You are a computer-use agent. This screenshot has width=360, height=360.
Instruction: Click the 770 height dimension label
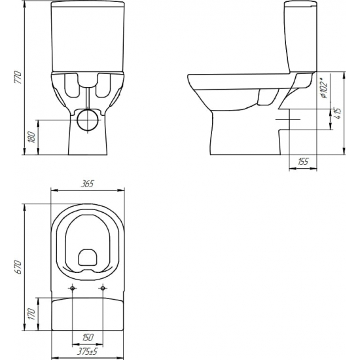click(x=18, y=77)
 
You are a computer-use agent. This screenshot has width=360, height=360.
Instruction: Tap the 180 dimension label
click(x=31, y=137)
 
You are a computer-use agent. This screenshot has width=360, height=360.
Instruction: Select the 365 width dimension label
click(x=88, y=184)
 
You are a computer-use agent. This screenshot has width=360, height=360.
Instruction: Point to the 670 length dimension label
click(x=18, y=267)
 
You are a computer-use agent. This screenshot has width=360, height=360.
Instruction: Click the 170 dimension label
click(x=31, y=314)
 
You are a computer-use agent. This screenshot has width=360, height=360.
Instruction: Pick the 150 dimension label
click(x=88, y=338)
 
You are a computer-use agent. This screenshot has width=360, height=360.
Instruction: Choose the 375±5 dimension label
click(x=88, y=351)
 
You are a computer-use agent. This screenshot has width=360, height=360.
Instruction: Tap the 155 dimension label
click(x=303, y=162)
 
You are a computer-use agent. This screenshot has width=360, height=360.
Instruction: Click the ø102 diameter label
click(x=324, y=88)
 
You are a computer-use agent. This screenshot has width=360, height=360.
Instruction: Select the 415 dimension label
click(x=337, y=113)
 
